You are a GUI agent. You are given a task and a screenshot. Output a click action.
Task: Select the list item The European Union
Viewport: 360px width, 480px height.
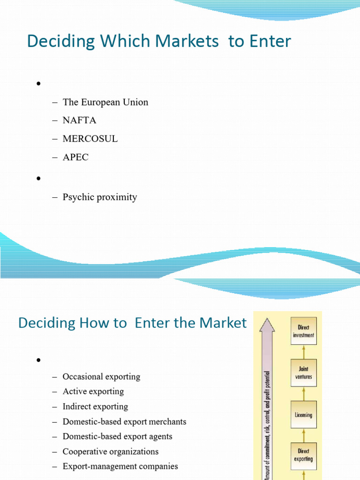105,102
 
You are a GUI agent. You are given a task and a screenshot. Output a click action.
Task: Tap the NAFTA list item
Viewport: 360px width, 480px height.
79,120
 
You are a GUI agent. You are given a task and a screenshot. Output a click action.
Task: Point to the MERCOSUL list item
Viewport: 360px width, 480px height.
90,139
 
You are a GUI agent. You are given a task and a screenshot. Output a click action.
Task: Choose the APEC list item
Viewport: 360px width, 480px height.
75,157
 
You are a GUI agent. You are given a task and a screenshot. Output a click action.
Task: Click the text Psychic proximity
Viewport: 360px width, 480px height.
100,197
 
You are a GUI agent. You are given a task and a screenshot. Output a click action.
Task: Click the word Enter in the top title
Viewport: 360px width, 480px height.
270,41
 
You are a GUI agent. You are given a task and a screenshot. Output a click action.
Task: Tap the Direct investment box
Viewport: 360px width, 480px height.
304,331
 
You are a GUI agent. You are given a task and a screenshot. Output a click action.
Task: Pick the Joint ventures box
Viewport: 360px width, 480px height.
304,373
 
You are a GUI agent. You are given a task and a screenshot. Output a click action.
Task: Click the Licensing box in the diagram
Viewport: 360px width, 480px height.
304,414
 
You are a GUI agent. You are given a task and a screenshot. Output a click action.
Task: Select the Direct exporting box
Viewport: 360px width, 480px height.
304,456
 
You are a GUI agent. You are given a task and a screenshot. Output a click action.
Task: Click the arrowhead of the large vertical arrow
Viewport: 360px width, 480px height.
267,325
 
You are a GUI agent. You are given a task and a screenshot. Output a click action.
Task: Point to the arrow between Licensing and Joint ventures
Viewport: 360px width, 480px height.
304,394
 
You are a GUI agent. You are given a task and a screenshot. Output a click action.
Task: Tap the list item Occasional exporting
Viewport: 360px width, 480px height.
101,376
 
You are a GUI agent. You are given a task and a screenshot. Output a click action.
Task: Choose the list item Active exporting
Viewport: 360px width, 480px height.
93,391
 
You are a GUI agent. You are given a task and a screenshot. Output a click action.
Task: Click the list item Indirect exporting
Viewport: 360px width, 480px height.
95,406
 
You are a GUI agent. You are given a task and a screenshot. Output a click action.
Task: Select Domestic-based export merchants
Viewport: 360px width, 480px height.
124,421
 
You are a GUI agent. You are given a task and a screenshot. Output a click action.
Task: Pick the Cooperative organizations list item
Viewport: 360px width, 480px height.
111,451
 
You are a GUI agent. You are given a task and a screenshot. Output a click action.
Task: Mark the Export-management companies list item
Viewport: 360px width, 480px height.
120,466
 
